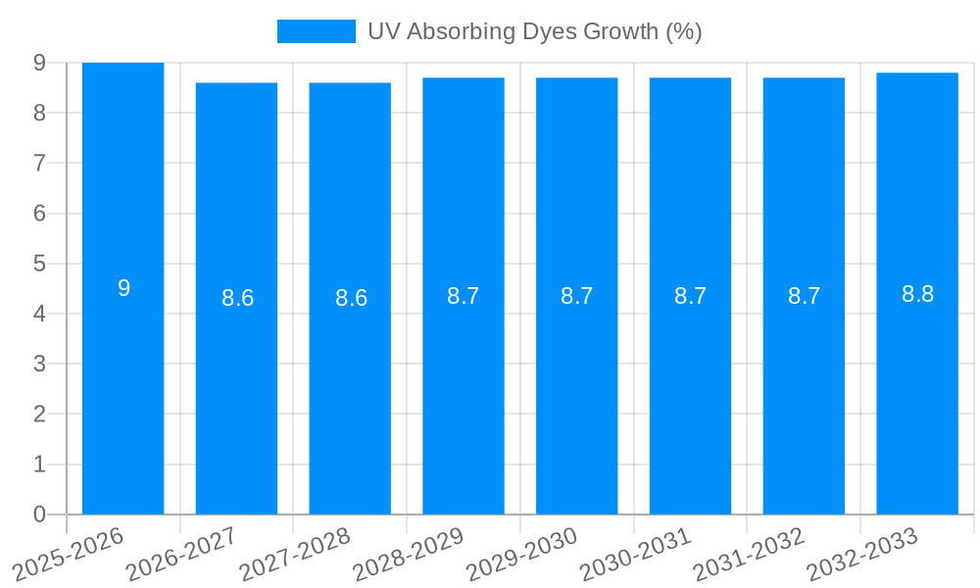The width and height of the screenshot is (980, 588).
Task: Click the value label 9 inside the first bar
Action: pyautogui.click(x=123, y=288)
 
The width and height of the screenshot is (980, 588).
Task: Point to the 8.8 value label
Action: pyautogui.click(x=917, y=294)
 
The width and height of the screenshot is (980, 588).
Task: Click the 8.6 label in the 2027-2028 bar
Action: pyautogui.click(x=351, y=298)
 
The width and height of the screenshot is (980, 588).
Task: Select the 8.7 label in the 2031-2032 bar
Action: pyautogui.click(x=804, y=296)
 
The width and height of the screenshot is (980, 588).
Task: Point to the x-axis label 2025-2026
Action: pyautogui.click(x=69, y=554)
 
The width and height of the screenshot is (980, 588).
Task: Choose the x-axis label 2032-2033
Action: pyautogui.click(x=863, y=554)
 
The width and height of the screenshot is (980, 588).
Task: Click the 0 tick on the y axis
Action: pyautogui.click(x=39, y=514)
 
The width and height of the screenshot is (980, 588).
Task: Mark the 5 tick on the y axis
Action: pyautogui.click(x=39, y=264)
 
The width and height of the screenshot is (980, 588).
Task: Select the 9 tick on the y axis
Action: pyautogui.click(x=39, y=63)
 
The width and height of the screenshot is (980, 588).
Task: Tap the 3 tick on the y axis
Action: pyautogui.click(x=39, y=364)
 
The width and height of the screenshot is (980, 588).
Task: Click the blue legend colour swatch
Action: pyautogui.click(x=316, y=31)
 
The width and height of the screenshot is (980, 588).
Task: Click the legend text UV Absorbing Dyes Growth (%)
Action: pyautogui.click(x=535, y=31)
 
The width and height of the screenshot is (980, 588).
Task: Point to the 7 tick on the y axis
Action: pyautogui.click(x=39, y=163)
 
